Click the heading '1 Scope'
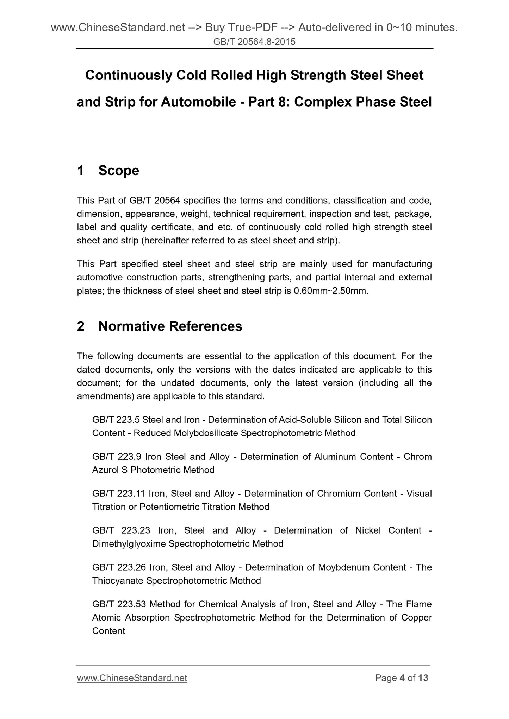[108, 171]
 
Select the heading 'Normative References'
[170, 326]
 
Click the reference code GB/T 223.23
[121, 530]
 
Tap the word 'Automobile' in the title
[198, 102]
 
